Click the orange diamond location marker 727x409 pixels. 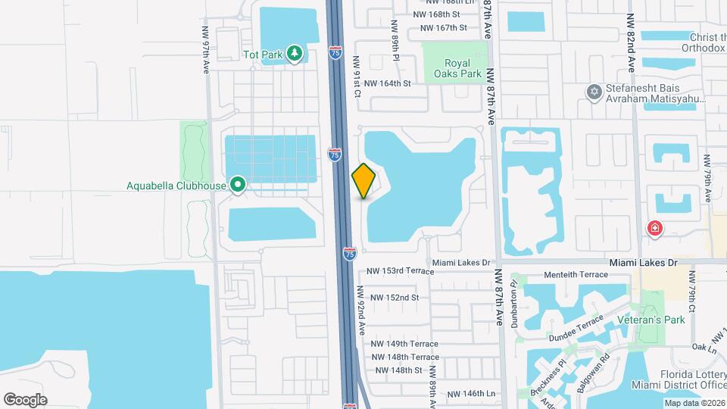point(363,181)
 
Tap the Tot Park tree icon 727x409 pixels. point(295,55)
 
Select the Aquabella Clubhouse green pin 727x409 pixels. point(238,185)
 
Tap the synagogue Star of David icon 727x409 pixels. point(594,92)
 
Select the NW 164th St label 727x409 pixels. point(387,83)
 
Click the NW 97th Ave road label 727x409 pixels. point(205,50)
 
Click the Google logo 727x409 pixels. point(25,399)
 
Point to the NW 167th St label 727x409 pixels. point(442,28)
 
